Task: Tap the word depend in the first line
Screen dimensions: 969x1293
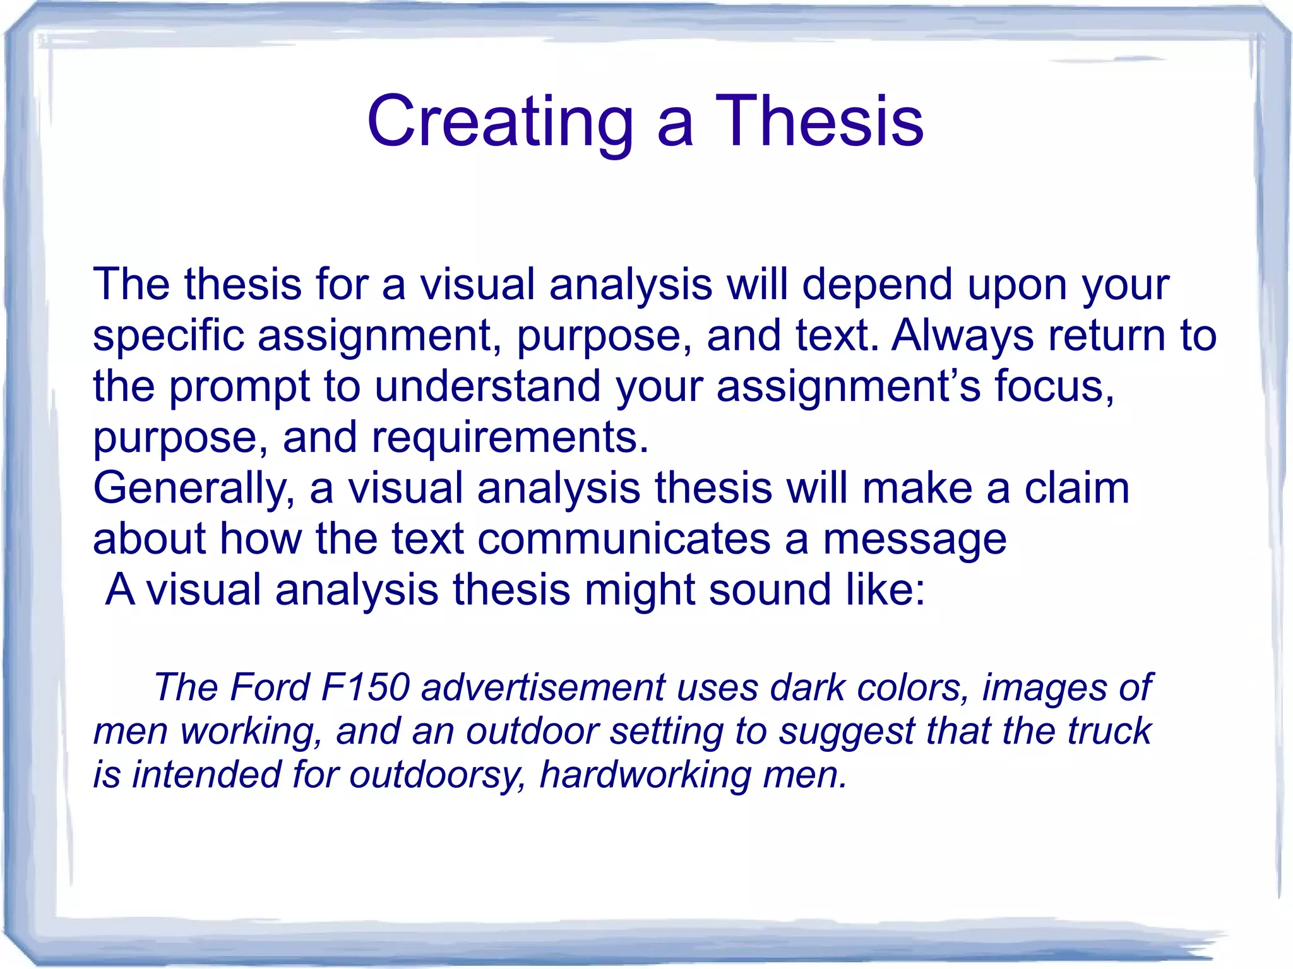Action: [x=877, y=284]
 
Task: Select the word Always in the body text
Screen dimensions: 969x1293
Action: [x=962, y=335]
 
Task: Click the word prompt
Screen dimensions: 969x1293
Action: [x=240, y=388]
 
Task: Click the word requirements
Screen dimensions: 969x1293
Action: [x=509, y=437]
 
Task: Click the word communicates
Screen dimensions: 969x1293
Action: [x=624, y=539]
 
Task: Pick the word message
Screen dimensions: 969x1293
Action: [x=914, y=540]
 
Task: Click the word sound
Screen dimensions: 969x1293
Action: [x=770, y=590]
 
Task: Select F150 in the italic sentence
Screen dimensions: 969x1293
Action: [x=366, y=687]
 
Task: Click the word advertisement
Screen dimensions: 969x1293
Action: [x=542, y=687]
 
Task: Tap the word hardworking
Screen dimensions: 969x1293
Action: [x=644, y=775]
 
